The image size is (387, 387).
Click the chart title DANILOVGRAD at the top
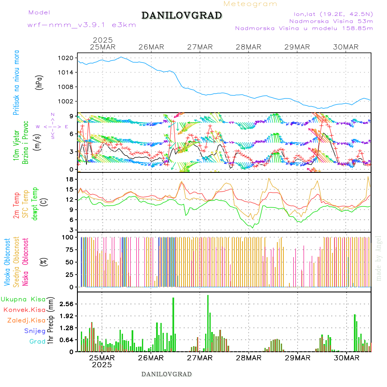pyautogui.click(x=181, y=15)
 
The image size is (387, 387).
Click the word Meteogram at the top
pyautogui.click(x=250, y=4)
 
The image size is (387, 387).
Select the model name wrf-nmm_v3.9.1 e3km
pyautogui.click(x=82, y=25)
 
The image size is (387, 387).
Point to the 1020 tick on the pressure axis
pyautogui.click(x=70, y=58)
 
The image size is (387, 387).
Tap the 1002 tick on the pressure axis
pyautogui.click(x=70, y=101)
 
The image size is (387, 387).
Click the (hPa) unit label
pyautogui.click(x=40, y=82)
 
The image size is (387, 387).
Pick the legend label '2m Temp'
pyautogui.click(x=16, y=206)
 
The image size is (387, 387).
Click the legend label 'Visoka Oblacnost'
pyautogui.click(x=7, y=262)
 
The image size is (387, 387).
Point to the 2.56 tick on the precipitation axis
pyautogui.click(x=67, y=304)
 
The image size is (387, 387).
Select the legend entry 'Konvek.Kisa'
pyautogui.click(x=24, y=310)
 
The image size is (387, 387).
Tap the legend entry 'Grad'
pyautogui.click(x=37, y=341)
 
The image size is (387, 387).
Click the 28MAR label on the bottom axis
pyautogui.click(x=249, y=358)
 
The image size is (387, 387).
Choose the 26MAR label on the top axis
pyautogui.click(x=151, y=47)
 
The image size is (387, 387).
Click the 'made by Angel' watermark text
pyautogui.click(x=378, y=258)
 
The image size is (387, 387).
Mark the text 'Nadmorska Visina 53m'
pyautogui.click(x=331, y=21)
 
